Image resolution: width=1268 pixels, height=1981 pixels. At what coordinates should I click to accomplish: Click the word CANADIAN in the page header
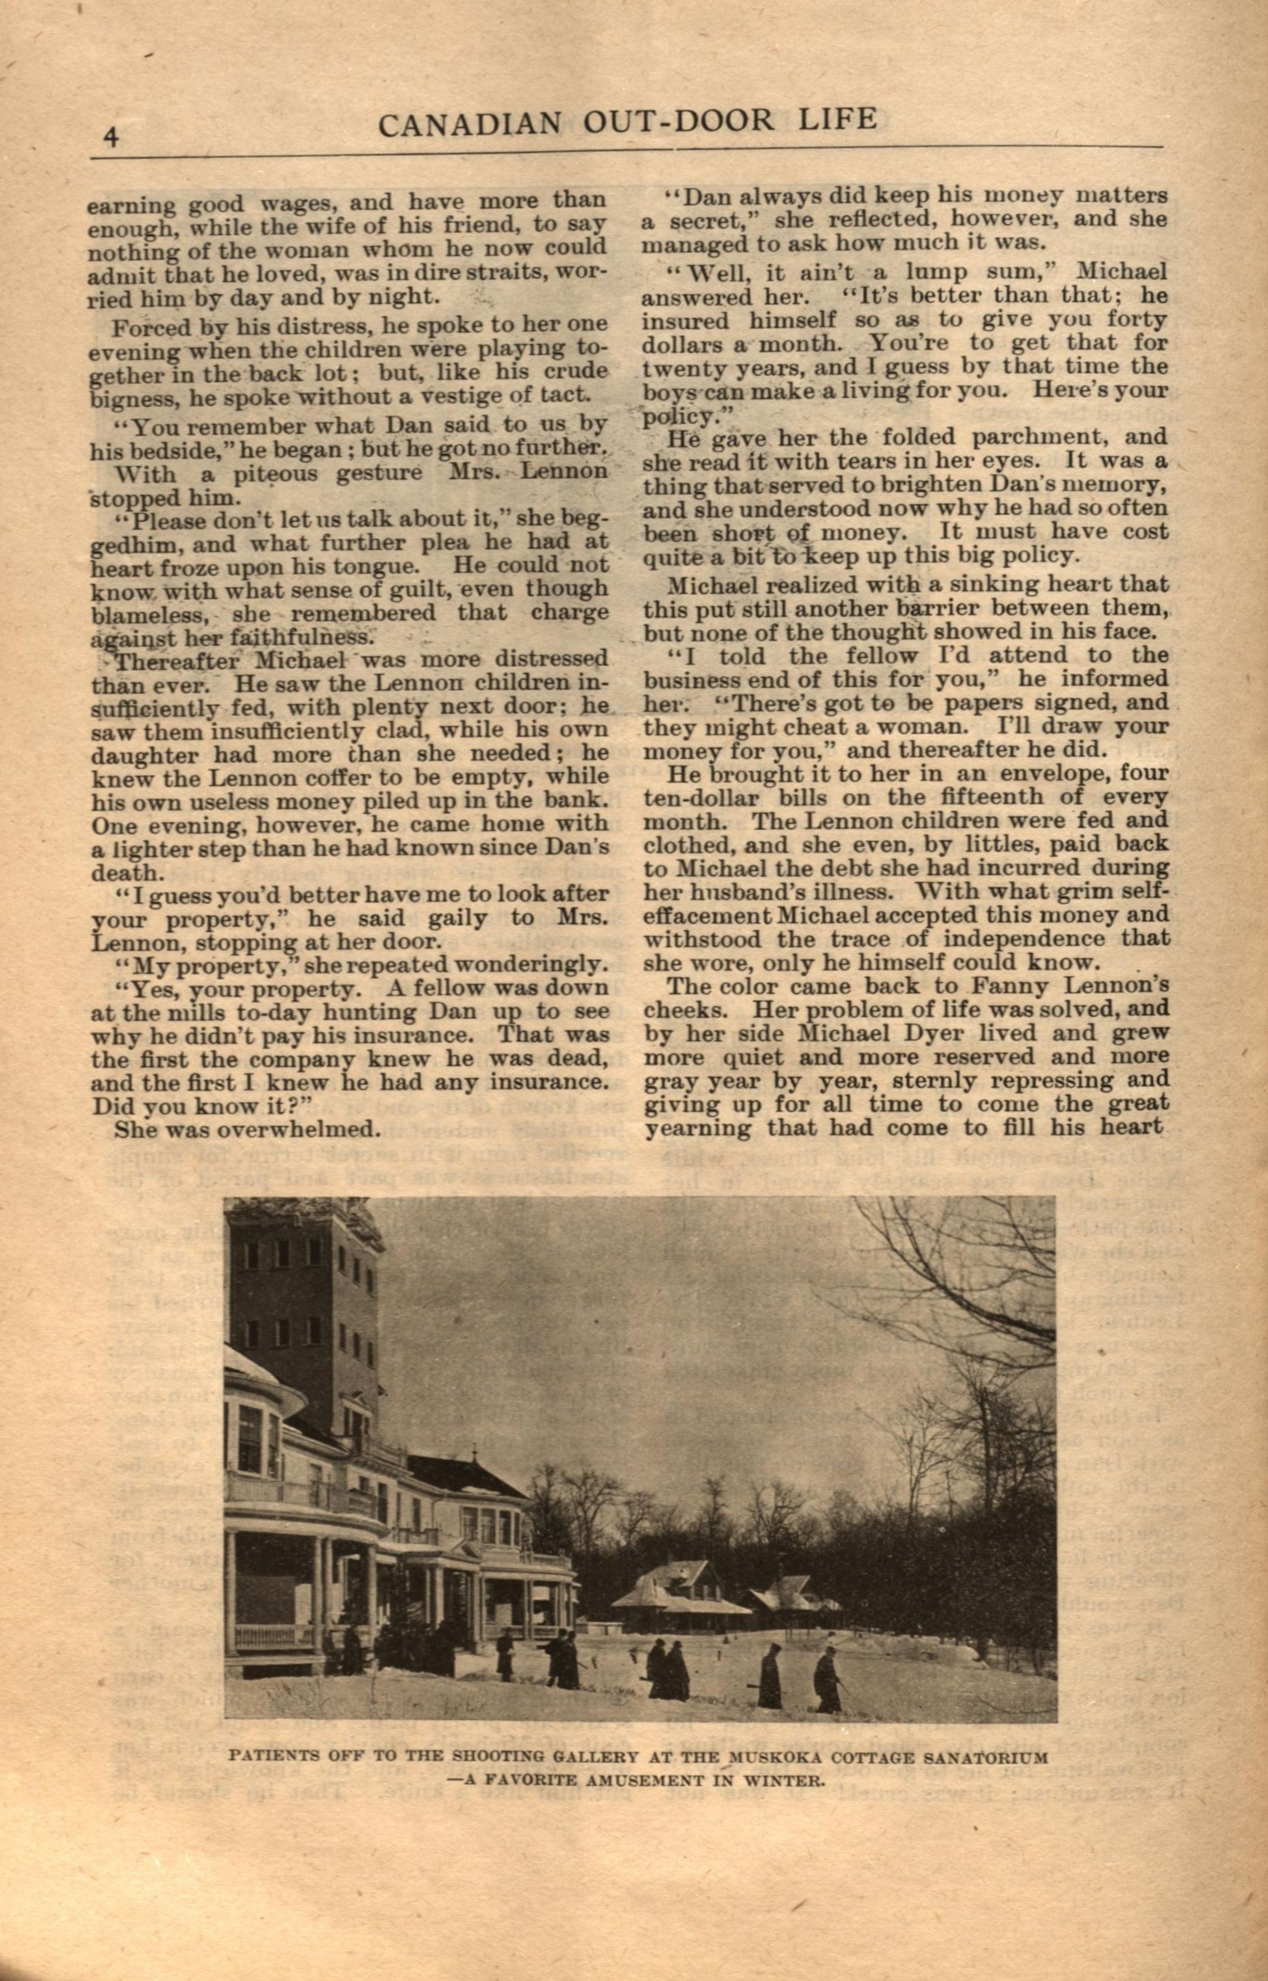tap(469, 124)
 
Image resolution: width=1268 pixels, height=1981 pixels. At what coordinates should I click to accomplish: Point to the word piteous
tap(256, 474)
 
